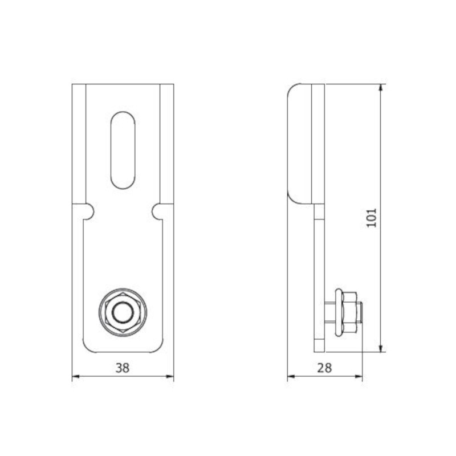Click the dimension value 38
[123, 368]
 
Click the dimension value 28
[324, 368]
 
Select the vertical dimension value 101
[371, 218]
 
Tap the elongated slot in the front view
[123, 150]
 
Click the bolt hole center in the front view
[123, 312]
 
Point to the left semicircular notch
[89, 211]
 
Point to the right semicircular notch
[157, 211]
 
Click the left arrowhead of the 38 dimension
[76, 377]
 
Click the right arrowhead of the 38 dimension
[170, 377]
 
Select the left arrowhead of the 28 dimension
[291, 377]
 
